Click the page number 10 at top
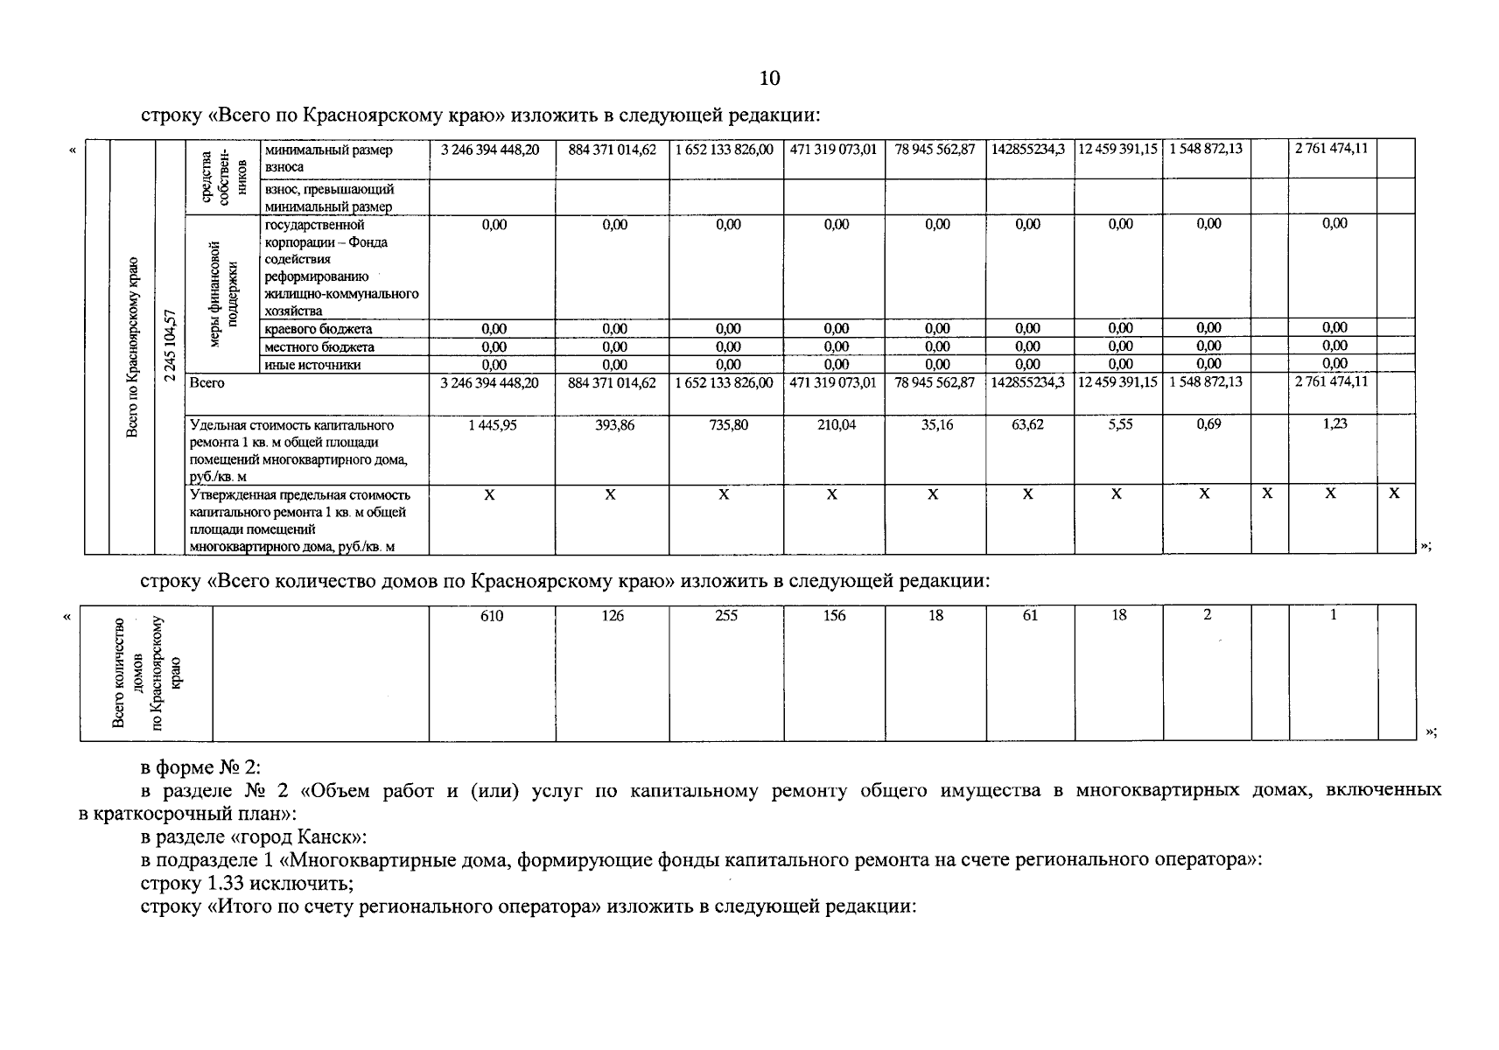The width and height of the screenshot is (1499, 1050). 769,79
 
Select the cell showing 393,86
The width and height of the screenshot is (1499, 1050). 613,424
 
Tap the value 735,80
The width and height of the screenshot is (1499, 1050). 726,424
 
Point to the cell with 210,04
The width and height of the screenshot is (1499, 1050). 836,424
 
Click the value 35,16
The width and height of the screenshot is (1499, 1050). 936,424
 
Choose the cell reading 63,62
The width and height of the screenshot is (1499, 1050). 1028,424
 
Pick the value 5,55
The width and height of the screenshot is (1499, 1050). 1120,424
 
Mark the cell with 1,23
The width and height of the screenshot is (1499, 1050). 1334,424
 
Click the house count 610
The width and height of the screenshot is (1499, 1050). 492,616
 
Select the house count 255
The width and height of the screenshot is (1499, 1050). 726,616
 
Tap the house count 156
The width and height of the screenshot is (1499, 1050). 835,616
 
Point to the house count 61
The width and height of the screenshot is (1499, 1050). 1030,616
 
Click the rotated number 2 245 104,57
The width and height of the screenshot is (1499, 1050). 170,345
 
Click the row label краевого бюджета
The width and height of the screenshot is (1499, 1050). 318,329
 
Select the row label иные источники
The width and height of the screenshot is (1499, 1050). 312,365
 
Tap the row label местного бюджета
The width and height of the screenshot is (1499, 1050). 319,347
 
